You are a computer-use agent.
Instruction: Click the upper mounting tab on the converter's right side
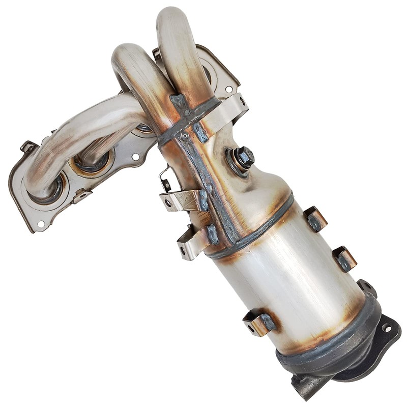pos(315,219)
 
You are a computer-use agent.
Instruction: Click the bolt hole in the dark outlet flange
pos(388,328)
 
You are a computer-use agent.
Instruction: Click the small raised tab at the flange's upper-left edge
pos(28,147)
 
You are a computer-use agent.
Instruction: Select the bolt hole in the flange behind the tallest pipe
pos(228,89)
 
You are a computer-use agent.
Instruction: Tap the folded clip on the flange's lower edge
pos(81,195)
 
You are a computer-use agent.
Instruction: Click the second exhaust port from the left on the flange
pos(92,163)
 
